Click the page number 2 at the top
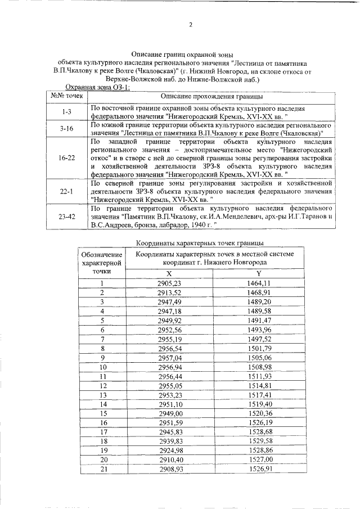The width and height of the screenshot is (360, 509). [x=191, y=25]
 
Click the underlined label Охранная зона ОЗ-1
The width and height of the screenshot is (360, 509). [x=98, y=87]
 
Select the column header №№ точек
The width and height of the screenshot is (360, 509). [x=66, y=96]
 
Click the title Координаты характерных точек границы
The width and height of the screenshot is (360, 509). [x=200, y=244]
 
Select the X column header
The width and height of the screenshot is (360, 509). [x=170, y=273]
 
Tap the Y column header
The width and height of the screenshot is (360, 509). [x=259, y=273]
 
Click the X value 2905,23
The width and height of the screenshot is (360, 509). [x=169, y=283]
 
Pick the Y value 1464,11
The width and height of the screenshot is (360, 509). [x=259, y=283]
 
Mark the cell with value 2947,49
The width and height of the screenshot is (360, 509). [x=169, y=302]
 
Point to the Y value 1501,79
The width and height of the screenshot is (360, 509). [x=259, y=349]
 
